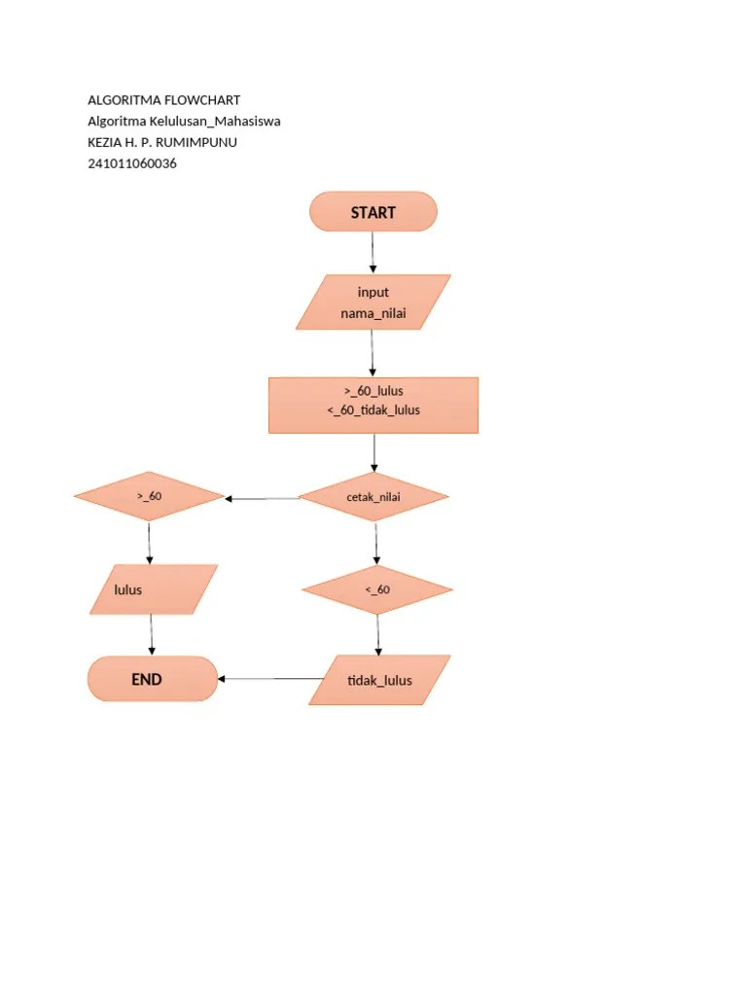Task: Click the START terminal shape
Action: [373, 212]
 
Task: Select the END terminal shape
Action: [152, 679]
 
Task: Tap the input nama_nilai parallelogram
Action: [373, 302]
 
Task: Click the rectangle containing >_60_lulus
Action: [373, 405]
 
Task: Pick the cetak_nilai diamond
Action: [373, 497]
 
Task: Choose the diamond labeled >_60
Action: [149, 497]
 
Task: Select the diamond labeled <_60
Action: [377, 589]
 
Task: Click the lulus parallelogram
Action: [154, 589]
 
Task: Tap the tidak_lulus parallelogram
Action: [379, 680]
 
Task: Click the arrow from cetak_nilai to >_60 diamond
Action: [263, 499]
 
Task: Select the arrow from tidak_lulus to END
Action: [270, 679]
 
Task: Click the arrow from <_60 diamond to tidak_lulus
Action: [378, 635]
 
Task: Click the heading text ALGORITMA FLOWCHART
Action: [163, 100]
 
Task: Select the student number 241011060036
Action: [132, 163]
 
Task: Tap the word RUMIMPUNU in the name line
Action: [199, 142]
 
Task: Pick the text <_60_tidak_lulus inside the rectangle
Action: [373, 410]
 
